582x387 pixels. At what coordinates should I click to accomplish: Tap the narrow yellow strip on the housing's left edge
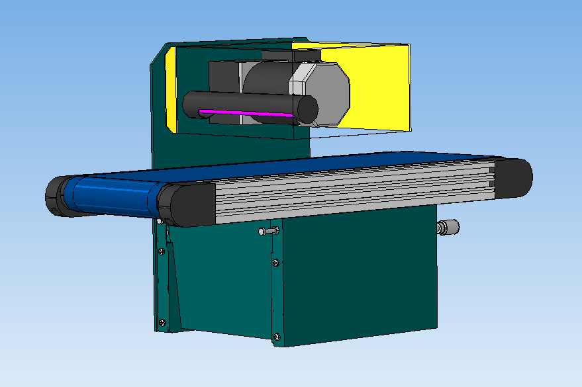pyautogui.click(x=170, y=89)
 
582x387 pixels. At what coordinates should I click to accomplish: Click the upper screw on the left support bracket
pyautogui.click(x=162, y=250)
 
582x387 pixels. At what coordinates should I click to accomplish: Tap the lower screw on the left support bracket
pyautogui.click(x=162, y=323)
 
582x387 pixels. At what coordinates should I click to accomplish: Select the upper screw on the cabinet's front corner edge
pyautogui.click(x=275, y=263)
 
